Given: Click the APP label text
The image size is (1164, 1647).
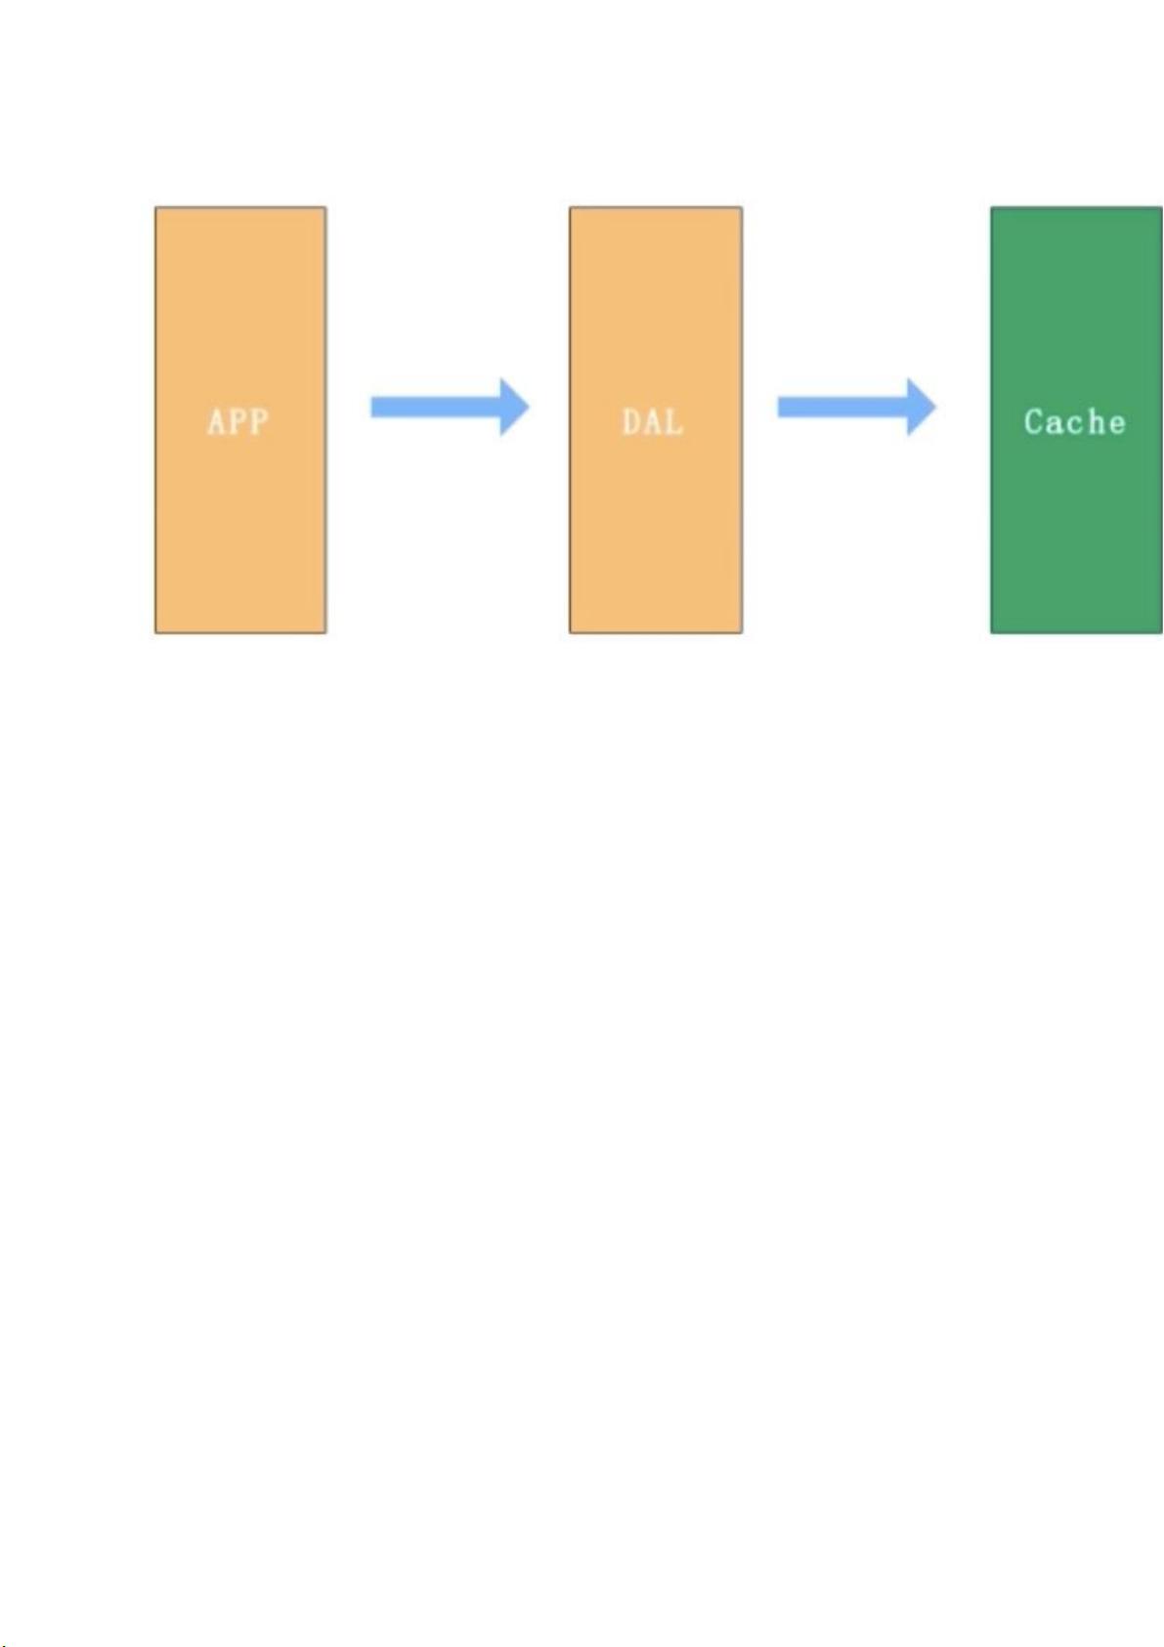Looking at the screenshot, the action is pyautogui.click(x=238, y=421).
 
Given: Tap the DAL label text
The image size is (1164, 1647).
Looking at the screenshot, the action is pyautogui.click(x=653, y=421).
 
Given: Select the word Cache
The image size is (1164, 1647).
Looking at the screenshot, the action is pyautogui.click(x=1075, y=421).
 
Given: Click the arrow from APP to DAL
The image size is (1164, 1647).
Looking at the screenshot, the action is pyautogui.click(x=450, y=407).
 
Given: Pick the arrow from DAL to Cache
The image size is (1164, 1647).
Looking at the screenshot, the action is pyautogui.click(x=857, y=407).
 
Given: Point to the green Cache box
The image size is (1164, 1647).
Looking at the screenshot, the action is pyautogui.click(x=1076, y=420).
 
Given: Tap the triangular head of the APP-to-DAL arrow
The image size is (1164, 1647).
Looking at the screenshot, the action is pyautogui.click(x=514, y=407).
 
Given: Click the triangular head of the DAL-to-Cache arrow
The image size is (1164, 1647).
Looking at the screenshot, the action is pyautogui.click(x=922, y=407).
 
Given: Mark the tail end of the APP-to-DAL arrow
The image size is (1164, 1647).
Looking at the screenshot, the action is pyautogui.click(x=370, y=407).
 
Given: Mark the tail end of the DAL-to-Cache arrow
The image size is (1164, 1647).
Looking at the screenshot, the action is pyautogui.click(x=778, y=407).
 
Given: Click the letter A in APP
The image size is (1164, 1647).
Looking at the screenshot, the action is pyautogui.click(x=216, y=421).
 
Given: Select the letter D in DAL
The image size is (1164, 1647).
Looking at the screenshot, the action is pyautogui.click(x=631, y=421).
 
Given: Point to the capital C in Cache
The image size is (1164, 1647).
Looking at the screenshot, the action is pyautogui.click(x=1035, y=421).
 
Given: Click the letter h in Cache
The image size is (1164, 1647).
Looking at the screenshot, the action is pyautogui.click(x=1096, y=421).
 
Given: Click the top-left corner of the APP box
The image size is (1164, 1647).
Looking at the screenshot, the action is pyautogui.click(x=155, y=207).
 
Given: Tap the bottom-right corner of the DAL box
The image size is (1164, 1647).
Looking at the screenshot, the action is pyautogui.click(x=742, y=633).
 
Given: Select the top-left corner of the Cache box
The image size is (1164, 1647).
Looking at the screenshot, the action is pyautogui.click(x=990, y=207).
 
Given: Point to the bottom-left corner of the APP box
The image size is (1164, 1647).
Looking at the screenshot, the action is pyautogui.click(x=155, y=633).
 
